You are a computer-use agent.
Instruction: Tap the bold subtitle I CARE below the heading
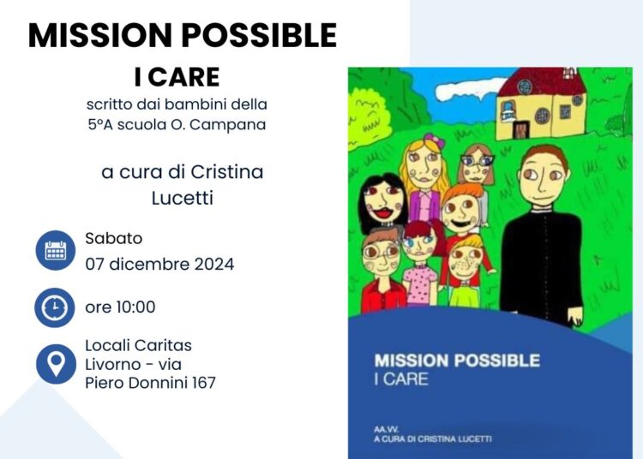[177, 77]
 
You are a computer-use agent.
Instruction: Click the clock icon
[56, 307]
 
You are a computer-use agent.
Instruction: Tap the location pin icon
[56, 364]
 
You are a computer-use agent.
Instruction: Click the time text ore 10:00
[120, 307]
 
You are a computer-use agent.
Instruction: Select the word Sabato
[113, 239]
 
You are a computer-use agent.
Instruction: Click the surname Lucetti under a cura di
[182, 199]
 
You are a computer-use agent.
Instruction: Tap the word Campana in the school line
[234, 124]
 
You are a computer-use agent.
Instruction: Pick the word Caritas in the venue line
[163, 345]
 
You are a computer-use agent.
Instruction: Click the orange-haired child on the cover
[461, 211]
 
